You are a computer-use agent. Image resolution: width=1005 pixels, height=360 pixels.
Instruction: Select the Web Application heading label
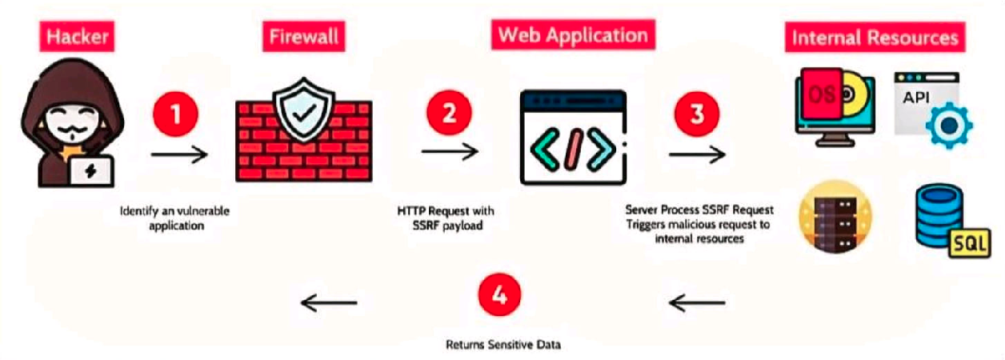pyautogui.click(x=573, y=35)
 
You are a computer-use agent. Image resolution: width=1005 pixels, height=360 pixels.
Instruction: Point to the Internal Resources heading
pyautogui.click(x=875, y=37)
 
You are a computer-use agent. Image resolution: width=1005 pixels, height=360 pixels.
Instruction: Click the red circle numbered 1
pyautogui.click(x=176, y=113)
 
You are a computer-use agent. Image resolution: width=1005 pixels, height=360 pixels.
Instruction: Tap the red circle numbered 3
pyautogui.click(x=697, y=113)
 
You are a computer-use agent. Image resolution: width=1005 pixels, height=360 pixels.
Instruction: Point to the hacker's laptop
pyautogui.click(x=90, y=170)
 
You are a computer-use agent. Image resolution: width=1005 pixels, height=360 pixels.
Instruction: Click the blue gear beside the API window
pyautogui.click(x=948, y=125)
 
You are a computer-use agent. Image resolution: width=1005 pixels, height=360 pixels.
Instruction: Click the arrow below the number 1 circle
pyautogui.click(x=179, y=153)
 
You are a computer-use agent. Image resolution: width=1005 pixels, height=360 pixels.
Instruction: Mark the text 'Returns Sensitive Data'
pyautogui.click(x=503, y=346)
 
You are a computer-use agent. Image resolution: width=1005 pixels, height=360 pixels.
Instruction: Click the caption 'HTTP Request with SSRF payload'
pyautogui.click(x=446, y=218)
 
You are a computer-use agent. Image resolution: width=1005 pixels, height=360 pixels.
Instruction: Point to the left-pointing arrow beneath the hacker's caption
pyautogui.click(x=329, y=302)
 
